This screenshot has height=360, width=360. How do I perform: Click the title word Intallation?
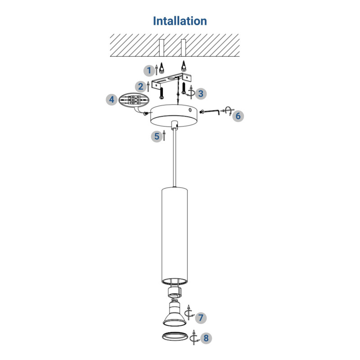180,21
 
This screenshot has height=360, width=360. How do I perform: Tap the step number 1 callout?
149,71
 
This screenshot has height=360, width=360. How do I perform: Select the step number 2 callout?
140,86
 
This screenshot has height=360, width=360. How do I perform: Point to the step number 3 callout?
201,94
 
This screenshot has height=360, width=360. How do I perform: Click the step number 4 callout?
112,99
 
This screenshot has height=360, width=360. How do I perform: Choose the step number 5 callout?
157,136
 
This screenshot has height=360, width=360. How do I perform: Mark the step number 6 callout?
238,116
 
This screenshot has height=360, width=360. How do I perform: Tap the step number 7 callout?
201,318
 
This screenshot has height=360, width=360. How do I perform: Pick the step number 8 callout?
206,338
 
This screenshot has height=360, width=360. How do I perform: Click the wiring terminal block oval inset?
134,100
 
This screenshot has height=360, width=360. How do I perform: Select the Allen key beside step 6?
210,112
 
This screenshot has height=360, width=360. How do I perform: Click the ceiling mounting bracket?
171,81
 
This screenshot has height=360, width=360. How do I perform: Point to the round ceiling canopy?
175,116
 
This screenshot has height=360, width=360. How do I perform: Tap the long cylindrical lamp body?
175,236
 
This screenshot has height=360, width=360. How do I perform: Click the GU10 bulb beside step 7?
174,313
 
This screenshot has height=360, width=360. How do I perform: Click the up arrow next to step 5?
164,135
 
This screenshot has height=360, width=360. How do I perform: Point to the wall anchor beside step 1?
162,68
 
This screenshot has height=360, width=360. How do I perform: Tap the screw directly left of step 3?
184,88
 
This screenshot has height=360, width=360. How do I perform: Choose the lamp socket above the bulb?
175,292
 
